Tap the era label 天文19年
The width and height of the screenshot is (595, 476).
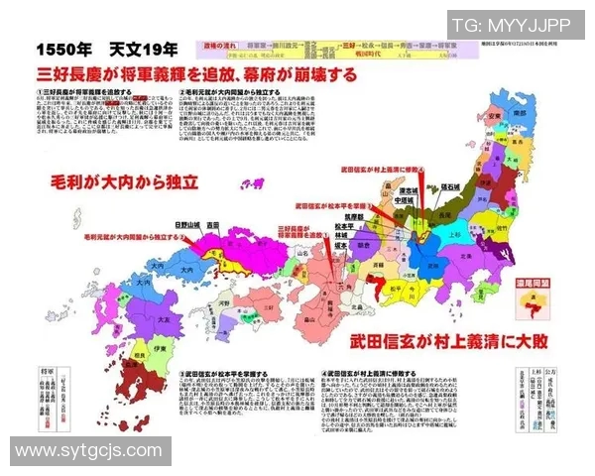coord(144,49)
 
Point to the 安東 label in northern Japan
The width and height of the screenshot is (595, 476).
coord(493,117)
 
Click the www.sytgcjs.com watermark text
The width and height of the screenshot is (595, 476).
coord(86,453)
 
